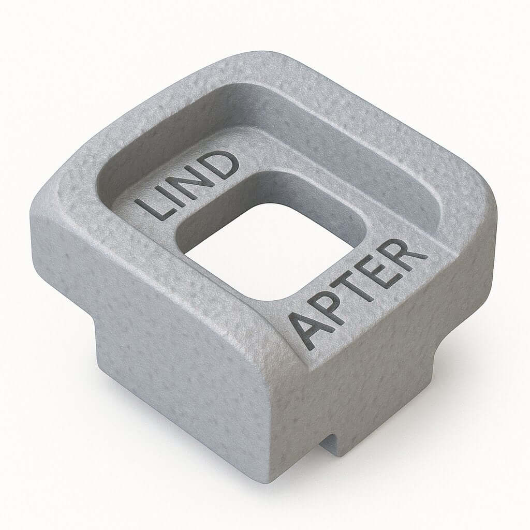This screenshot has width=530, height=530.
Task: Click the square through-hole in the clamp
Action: (269, 248)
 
